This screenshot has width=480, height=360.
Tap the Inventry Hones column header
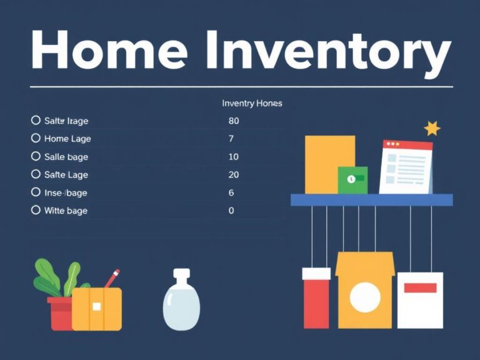[x=252, y=103]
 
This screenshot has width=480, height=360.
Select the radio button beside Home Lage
[x=36, y=138]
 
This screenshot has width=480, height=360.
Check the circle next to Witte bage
[x=36, y=211]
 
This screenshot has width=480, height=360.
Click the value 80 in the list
[x=234, y=121]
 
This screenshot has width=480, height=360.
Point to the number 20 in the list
[x=234, y=175]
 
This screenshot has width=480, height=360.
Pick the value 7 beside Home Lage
[x=231, y=139]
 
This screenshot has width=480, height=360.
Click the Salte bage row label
[x=66, y=157]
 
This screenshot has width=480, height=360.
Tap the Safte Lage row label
[x=66, y=175]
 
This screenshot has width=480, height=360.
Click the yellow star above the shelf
[x=432, y=129]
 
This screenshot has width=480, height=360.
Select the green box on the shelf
[x=352, y=180]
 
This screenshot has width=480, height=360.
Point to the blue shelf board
[x=371, y=200]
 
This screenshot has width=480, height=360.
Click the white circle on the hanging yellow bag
[x=365, y=297]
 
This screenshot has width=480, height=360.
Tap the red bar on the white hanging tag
[x=420, y=288]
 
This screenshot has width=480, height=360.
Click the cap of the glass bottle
[x=181, y=275]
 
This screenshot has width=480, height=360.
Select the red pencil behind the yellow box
[x=112, y=278]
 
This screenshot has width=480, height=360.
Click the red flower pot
[x=61, y=314]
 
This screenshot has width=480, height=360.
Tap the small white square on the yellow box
[x=96, y=306]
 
